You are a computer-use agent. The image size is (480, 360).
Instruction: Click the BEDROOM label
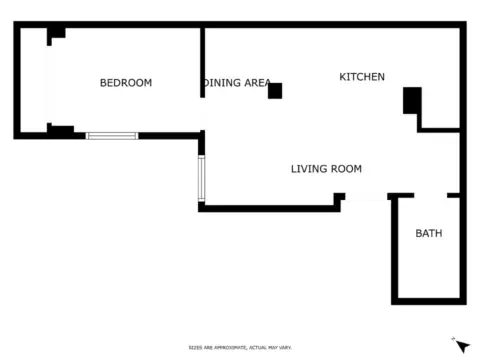click(x=126, y=83)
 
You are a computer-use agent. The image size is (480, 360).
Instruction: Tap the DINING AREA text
click(x=237, y=83)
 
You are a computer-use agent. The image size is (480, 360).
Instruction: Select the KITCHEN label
click(x=361, y=77)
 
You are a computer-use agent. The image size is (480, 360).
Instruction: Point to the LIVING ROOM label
click(x=326, y=169)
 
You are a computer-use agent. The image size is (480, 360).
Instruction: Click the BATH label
click(x=428, y=233)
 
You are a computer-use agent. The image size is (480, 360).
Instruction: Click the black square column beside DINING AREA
click(x=275, y=91)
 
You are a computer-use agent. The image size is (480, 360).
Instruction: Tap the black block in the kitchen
click(x=412, y=100)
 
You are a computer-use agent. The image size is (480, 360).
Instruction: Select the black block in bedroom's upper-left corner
click(x=57, y=33)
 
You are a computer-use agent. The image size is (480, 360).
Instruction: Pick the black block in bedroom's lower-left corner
click(x=60, y=129)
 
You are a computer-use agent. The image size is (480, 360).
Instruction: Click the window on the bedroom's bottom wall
click(x=112, y=135)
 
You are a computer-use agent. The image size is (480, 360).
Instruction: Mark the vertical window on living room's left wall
click(x=201, y=177)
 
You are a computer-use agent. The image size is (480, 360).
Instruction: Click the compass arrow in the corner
click(x=461, y=345)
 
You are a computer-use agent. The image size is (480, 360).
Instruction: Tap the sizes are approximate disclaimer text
click(x=239, y=347)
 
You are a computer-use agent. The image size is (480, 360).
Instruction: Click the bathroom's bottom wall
click(x=428, y=300)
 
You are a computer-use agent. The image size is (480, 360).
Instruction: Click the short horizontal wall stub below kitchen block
click(x=438, y=129)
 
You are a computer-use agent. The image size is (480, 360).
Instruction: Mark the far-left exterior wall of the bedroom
click(x=17, y=80)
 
